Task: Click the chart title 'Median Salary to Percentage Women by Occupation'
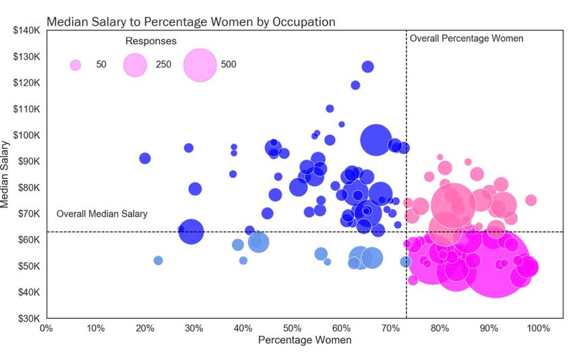(191, 22)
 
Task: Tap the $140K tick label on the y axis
(27, 30)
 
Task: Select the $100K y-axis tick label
(27, 135)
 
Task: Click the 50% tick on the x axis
(292, 328)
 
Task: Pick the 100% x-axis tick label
(538, 328)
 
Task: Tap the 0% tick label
(47, 328)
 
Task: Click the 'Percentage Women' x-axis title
(305, 340)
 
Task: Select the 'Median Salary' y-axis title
(8, 174)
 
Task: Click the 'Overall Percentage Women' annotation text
(466, 38)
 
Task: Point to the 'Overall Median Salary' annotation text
(102, 214)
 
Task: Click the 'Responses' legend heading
(151, 41)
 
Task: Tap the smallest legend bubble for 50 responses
(76, 65)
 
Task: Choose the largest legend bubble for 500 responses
(200, 65)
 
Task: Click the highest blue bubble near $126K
(367, 67)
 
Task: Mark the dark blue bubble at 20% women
(145, 158)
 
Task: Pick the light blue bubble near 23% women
(158, 260)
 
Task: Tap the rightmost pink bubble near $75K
(531, 200)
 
